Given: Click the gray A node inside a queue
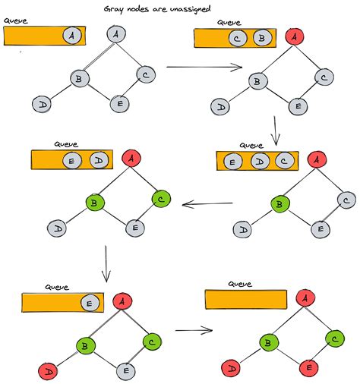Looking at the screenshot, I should click(x=71, y=36).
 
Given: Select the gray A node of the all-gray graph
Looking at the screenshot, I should click(x=115, y=34).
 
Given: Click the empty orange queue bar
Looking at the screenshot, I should click(x=247, y=299).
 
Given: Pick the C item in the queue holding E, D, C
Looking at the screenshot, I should click(x=283, y=161).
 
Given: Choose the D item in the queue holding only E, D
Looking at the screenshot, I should click(x=96, y=160).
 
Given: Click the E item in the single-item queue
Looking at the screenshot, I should click(x=89, y=302).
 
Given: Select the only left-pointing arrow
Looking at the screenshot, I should click(x=208, y=203).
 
